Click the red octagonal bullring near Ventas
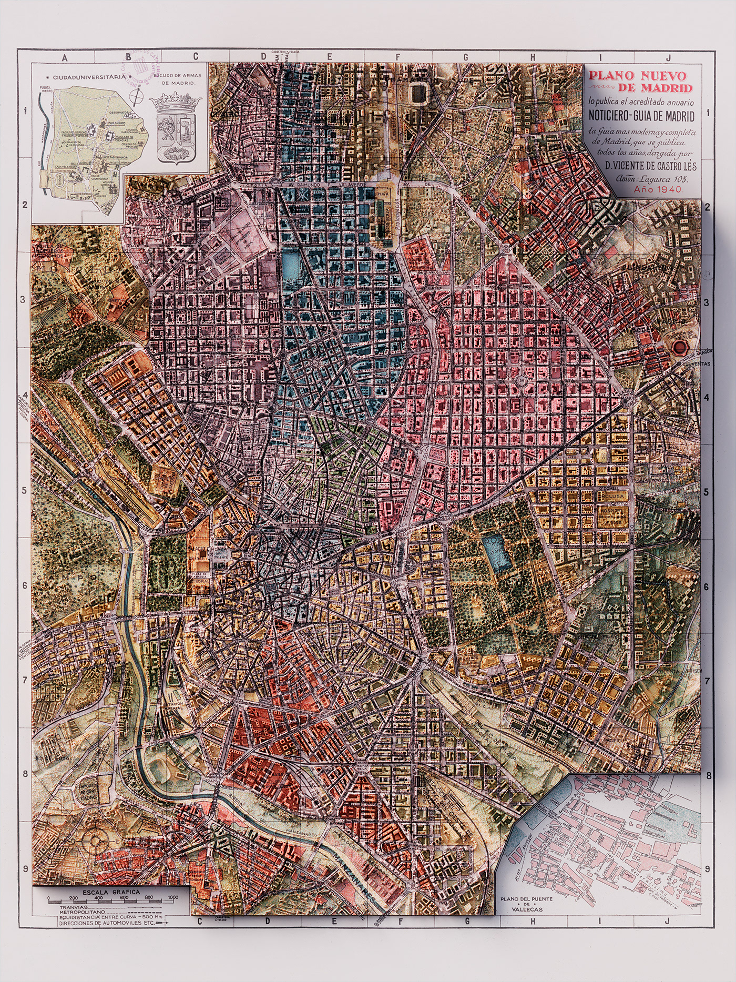(681, 348)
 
